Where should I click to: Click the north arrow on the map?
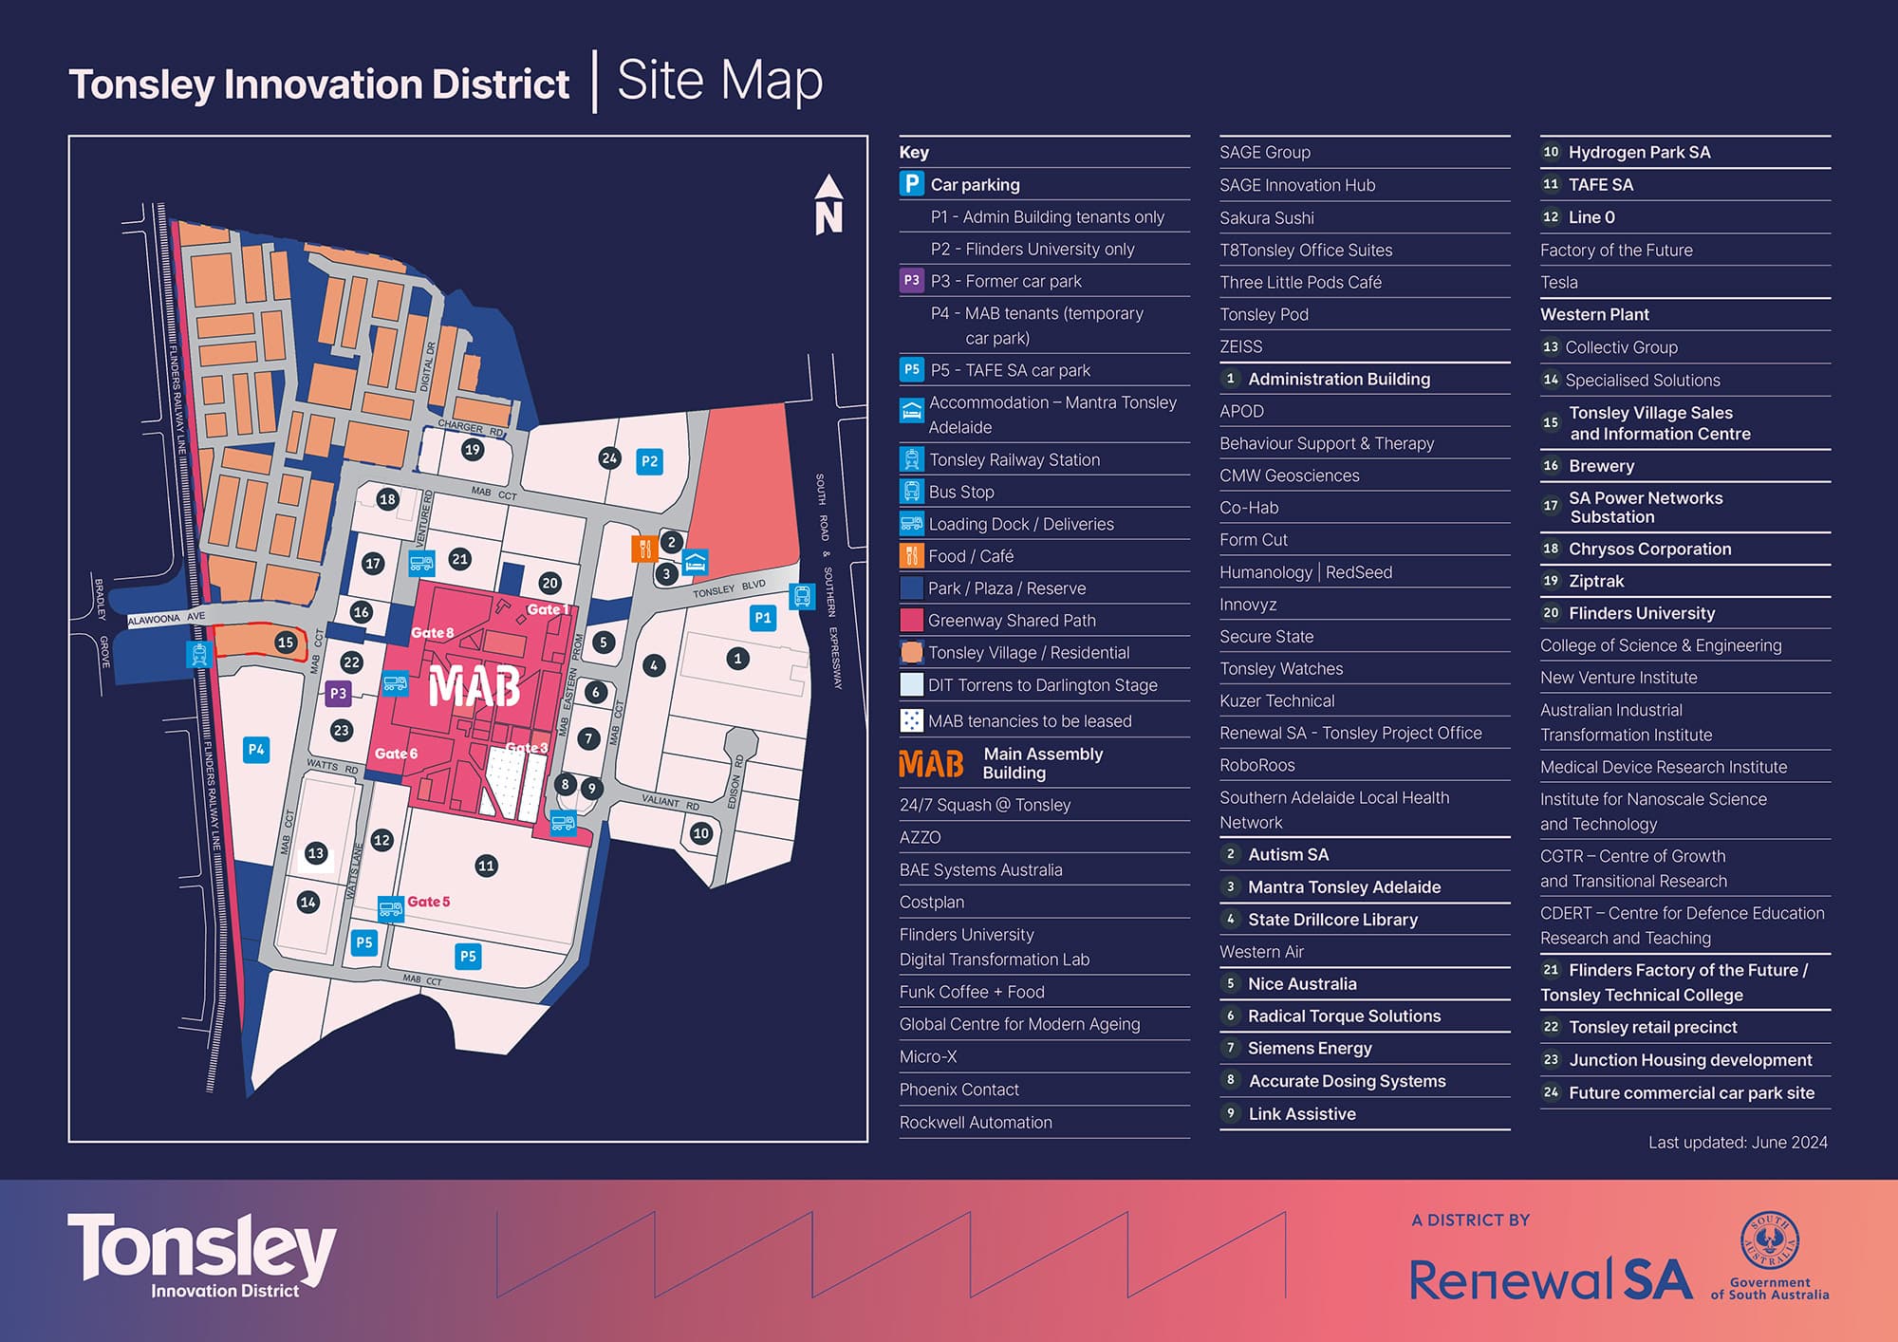[x=828, y=205]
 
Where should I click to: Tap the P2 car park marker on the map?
[x=649, y=462]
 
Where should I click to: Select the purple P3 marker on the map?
[x=338, y=694]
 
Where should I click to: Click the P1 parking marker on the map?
[x=762, y=618]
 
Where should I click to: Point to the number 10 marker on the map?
[x=701, y=833]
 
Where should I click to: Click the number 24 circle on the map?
[x=609, y=458]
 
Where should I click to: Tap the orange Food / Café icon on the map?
[x=644, y=549]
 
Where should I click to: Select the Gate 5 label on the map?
[x=428, y=902]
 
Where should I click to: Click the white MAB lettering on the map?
[x=474, y=686]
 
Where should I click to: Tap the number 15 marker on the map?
[x=286, y=643]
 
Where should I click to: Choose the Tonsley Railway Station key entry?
[x=1014, y=460]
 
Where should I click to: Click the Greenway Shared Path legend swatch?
[x=911, y=621]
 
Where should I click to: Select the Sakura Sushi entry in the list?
[x=1267, y=218]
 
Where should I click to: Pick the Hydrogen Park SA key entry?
[x=1639, y=153]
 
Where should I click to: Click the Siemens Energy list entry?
[x=1310, y=1049]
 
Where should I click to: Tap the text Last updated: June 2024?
[x=1738, y=1143]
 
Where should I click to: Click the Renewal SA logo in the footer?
[x=1551, y=1280]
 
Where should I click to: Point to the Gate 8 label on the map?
[x=432, y=633]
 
